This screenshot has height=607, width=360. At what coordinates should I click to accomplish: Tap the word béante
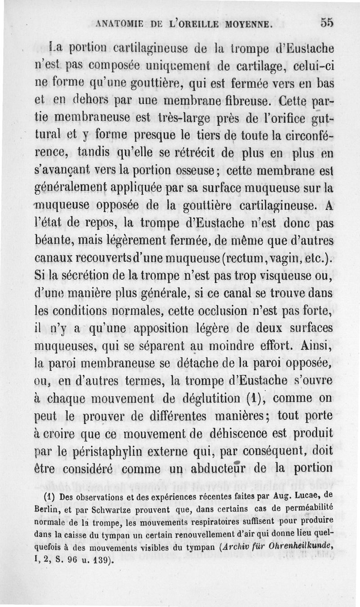click(53, 242)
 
